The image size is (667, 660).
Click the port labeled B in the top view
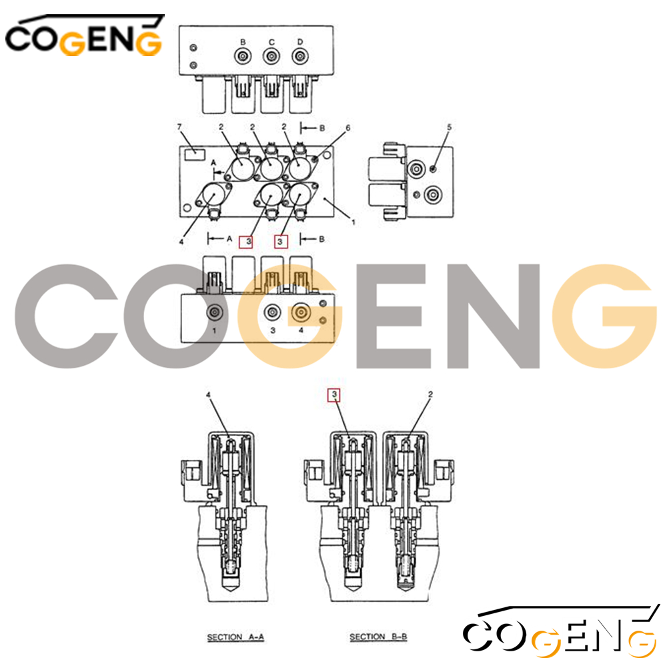click(243, 56)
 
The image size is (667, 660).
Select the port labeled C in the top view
click(271, 56)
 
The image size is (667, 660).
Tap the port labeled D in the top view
click(300, 56)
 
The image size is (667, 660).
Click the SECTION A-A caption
click(235, 637)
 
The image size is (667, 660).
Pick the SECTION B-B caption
click(378, 637)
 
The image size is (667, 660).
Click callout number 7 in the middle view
click(179, 127)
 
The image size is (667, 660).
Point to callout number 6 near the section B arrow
click(348, 127)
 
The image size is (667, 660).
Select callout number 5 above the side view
click(449, 127)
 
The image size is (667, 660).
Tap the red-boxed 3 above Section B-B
click(334, 395)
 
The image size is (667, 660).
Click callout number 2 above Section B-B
click(430, 394)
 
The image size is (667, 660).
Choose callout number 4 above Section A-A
click(208, 395)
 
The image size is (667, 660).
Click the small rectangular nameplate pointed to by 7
click(195, 154)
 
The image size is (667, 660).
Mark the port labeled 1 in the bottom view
click(214, 313)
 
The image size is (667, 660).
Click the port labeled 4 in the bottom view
click(301, 313)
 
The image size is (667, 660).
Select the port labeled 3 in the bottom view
click(272, 313)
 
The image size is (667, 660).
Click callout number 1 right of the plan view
click(353, 222)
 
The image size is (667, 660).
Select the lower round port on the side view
click(433, 195)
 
